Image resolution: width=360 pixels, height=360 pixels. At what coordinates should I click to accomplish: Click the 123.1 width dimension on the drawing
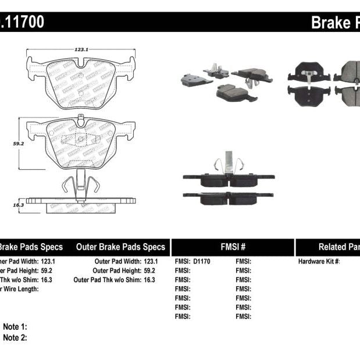[81, 50]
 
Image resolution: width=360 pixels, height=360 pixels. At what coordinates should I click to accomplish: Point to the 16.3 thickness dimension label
[18, 205]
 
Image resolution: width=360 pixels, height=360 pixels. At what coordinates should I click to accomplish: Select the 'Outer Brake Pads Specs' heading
[120, 247]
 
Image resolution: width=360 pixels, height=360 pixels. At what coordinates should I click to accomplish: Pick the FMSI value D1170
[201, 262]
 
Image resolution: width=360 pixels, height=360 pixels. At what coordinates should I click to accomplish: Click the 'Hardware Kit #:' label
[319, 262]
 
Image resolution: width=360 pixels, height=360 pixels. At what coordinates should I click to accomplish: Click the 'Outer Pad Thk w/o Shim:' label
[106, 280]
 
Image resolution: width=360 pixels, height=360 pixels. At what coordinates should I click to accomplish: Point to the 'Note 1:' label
[15, 327]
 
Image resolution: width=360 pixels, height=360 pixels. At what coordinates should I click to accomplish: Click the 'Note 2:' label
[15, 337]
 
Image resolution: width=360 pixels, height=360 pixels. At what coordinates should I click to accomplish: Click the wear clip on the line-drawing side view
[78, 185]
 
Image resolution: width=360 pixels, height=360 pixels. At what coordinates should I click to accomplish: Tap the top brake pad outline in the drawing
[81, 81]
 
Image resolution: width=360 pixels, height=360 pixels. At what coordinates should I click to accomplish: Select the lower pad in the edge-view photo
[229, 198]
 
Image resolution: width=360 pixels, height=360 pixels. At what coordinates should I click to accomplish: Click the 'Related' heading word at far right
[337, 247]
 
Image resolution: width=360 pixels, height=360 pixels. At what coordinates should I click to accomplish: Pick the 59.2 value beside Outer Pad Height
[149, 270]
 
